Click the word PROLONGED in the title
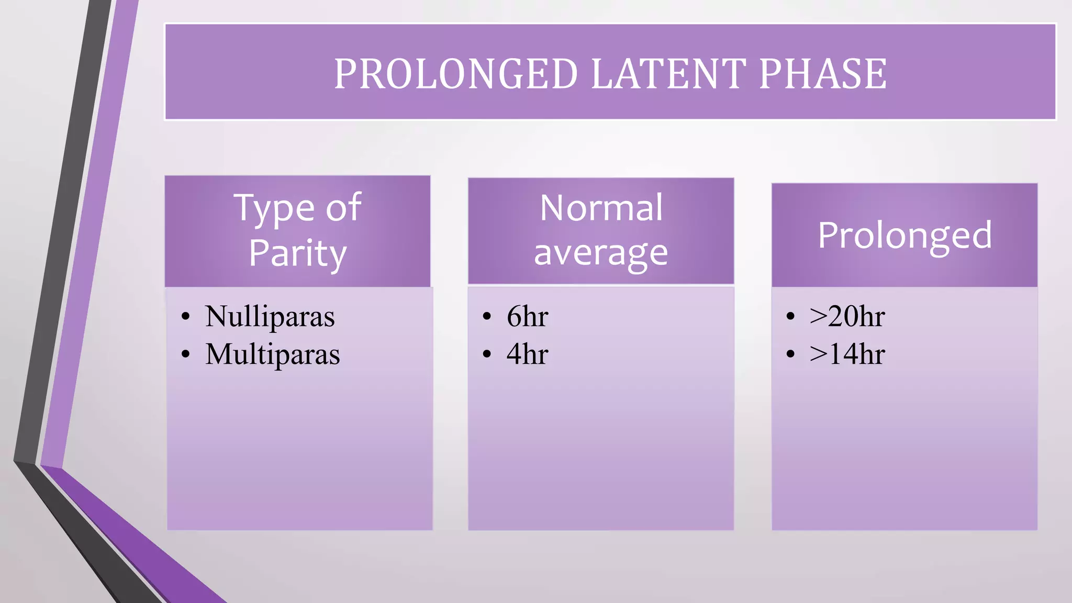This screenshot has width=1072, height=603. pos(456,74)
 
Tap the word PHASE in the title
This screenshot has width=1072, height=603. pos(822,74)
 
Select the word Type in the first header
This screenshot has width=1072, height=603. pos(274,209)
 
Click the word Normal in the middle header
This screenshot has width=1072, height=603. pos(601,208)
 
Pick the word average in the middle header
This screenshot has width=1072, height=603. pos(601,253)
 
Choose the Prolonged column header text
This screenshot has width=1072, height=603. pos(904,235)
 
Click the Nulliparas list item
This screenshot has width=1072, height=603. pos(270,317)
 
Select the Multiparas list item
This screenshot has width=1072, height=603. pos(272,354)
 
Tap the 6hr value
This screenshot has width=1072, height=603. pos(527,317)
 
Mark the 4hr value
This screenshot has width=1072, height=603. pos(527,354)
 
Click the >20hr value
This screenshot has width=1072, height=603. pos(847,317)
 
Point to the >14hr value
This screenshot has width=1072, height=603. pos(847,354)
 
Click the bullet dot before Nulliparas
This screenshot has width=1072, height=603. pos(185,317)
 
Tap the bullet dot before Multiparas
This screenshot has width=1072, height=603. pos(185,354)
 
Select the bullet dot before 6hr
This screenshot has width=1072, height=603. pos(487,317)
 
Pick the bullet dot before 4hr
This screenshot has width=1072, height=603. pos(487,354)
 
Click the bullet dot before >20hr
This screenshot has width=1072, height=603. pos(790,317)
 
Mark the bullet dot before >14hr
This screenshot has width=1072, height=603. pos(790,354)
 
